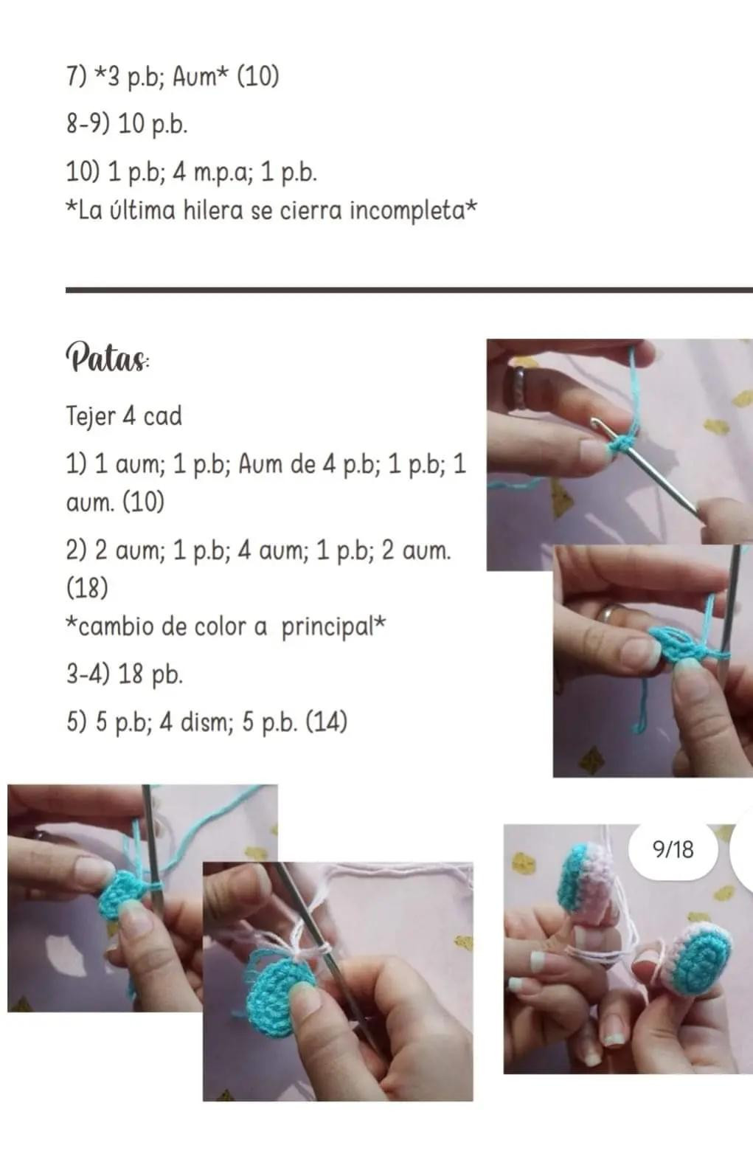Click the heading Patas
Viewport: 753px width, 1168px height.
point(108,357)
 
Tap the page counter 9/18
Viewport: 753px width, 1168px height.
point(673,850)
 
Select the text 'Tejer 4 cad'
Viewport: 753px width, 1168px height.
point(124,416)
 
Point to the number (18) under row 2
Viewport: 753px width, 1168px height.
point(87,587)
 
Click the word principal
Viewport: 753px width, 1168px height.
point(327,626)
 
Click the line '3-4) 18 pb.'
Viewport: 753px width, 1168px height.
point(124,674)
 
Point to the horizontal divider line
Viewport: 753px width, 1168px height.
point(409,290)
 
